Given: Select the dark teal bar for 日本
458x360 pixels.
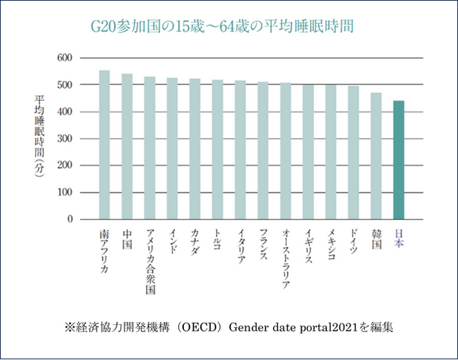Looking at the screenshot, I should point(399,160).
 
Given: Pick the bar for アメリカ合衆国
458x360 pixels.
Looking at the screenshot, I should point(150,148).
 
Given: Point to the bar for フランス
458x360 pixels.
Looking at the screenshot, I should point(263,151).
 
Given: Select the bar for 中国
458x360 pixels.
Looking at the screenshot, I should point(127,147).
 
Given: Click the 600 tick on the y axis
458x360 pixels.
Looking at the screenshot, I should point(64,57).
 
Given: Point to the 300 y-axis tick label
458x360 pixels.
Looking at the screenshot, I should point(64,139).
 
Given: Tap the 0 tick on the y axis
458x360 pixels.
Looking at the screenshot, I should point(69,220).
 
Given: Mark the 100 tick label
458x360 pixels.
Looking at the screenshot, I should point(64,193).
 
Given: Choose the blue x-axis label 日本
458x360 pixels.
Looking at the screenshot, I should point(399,239).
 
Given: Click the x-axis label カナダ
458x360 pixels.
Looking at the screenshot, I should point(195,243).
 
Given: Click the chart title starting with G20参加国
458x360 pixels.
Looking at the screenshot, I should point(221,26).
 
